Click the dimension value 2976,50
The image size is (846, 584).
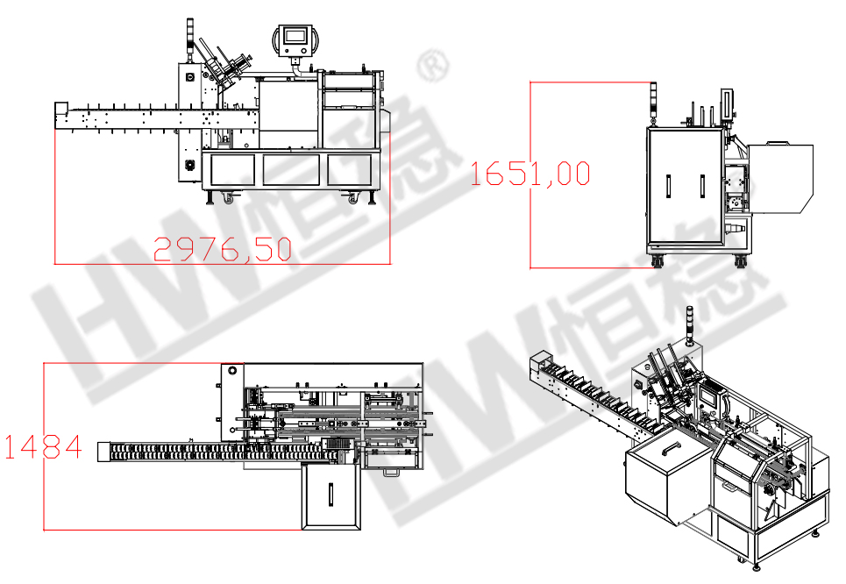pyautogui.click(x=223, y=249)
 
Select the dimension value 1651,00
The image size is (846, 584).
pyautogui.click(x=530, y=174)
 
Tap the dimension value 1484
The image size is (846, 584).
pyautogui.click(x=43, y=447)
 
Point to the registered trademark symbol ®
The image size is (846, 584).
pyautogui.click(x=433, y=65)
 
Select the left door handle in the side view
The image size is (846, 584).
pyautogui.click(x=668, y=186)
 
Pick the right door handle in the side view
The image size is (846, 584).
pyautogui.click(x=702, y=186)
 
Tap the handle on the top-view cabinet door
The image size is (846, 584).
pyautogui.click(x=331, y=495)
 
